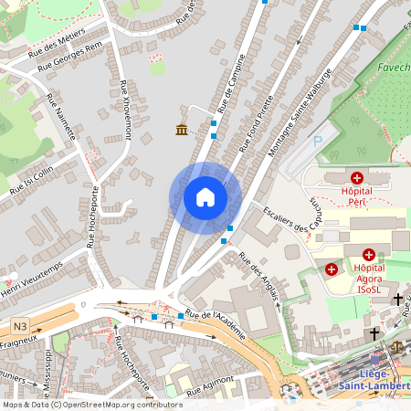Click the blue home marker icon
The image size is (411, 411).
pos(205,197)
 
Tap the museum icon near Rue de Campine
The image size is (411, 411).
pos(182,130)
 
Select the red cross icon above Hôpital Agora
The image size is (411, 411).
pos(369,255)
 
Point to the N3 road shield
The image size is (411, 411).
pos(20,326)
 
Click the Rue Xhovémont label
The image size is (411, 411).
pos(125,110)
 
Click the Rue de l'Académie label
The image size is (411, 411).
pos(216,324)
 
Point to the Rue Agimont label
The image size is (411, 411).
pos(205,391)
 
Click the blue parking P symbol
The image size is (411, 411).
pos(318,142)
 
